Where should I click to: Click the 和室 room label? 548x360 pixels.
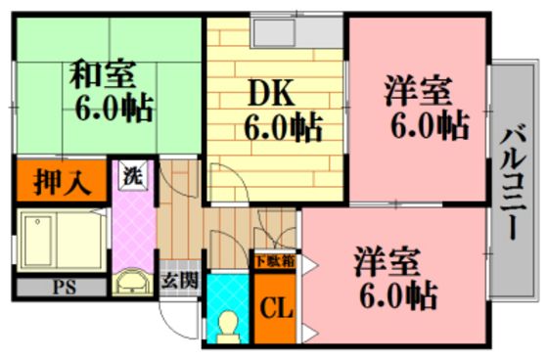click(102, 74)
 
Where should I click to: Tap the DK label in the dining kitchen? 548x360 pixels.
click(271, 92)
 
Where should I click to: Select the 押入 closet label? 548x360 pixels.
click(62, 182)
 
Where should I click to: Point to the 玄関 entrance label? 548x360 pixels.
click(180, 281)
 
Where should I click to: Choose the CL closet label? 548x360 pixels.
click(276, 307)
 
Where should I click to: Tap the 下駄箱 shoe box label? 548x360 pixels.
click(275, 261)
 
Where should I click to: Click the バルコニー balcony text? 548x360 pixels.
click(513, 185)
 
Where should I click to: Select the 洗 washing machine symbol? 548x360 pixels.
click(133, 175)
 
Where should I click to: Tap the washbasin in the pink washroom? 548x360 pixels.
click(132, 281)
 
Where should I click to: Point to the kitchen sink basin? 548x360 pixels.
click(274, 33)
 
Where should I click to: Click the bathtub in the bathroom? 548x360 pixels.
click(62, 240)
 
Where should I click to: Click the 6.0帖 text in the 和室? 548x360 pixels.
click(114, 108)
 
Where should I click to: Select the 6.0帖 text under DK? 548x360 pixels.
click(283, 127)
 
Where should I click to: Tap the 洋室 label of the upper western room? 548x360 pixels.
click(419, 92)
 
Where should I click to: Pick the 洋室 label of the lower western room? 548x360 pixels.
click(387, 262)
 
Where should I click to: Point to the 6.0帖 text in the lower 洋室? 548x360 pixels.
click(399, 295)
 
